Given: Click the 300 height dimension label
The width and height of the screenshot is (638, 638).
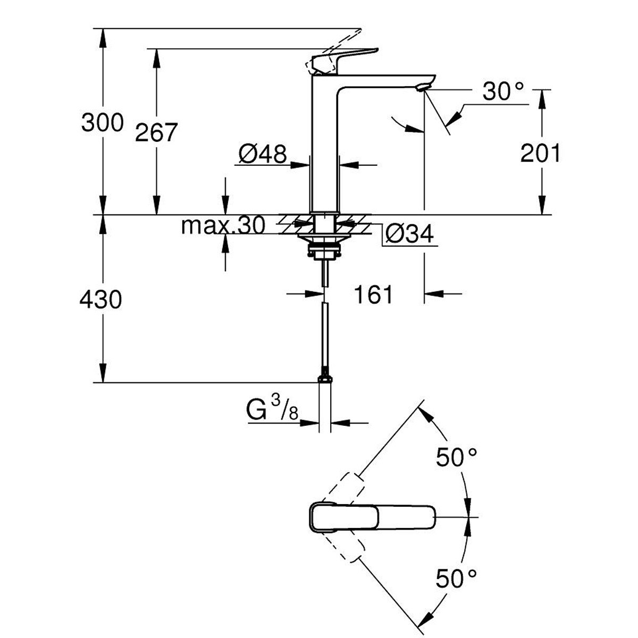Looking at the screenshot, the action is point(102,122).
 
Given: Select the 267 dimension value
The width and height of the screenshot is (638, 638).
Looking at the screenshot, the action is point(157,132).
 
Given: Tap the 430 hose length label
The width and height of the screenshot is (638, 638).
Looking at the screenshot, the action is point(101,300).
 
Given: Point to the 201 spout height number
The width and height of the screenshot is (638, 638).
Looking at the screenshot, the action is point(540,153).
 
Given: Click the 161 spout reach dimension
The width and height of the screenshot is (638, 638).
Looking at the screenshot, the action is point(373,294).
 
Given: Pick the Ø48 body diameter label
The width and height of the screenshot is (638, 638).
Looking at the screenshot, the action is point(263,154).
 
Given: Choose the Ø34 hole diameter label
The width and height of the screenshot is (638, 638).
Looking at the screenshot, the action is point(409,234).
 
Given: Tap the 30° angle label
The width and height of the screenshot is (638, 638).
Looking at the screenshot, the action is point(503,91).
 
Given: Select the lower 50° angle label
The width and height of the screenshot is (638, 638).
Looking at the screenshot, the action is point(457,578).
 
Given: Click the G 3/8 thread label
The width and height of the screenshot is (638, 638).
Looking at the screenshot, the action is point(272,409).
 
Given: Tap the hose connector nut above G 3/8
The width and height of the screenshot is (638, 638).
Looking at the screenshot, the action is point(325,379).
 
